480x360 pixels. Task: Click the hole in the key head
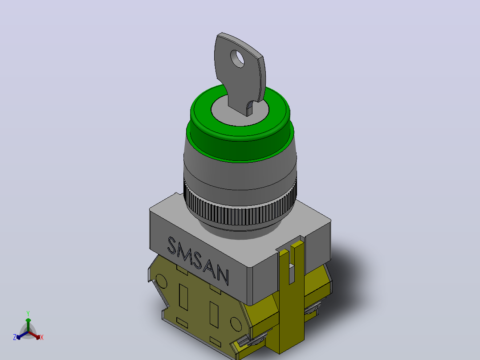point(238,59)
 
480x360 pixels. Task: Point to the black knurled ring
point(240,211)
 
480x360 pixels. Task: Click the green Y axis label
point(28,313)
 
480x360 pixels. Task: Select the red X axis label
point(42,337)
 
